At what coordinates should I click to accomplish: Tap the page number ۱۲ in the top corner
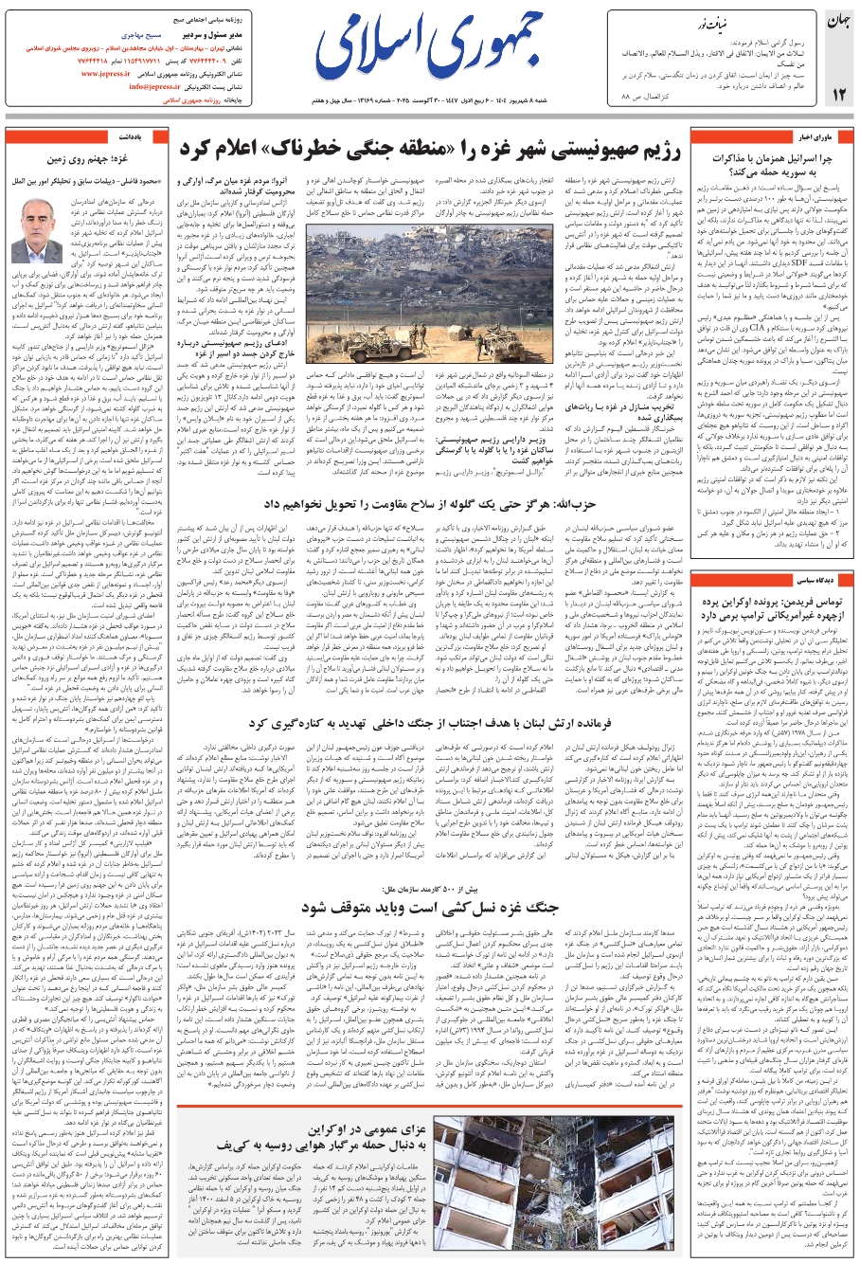(x=838, y=94)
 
